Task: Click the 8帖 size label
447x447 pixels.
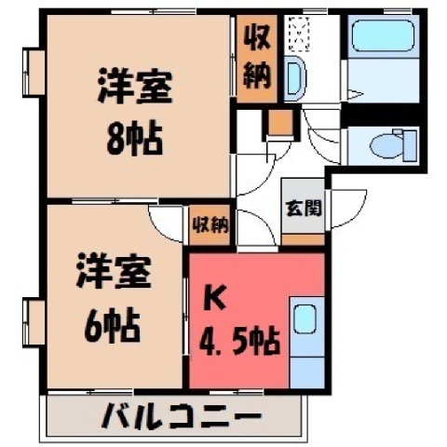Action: (134, 139)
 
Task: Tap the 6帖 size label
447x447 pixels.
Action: (112, 324)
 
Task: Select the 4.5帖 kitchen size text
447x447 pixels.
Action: (239, 341)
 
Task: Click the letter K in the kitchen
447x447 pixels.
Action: (214, 300)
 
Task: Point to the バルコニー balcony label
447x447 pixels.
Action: (181, 416)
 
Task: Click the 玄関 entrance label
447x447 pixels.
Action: (304, 208)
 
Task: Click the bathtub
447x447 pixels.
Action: (384, 35)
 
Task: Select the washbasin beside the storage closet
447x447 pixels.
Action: (294, 78)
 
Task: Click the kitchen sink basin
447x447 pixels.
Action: (305, 319)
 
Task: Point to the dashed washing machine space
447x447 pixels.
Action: (299, 34)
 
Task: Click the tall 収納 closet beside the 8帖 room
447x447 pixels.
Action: (256, 59)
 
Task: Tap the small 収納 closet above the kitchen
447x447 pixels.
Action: (210, 224)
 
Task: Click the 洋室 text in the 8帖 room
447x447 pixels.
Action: (135, 86)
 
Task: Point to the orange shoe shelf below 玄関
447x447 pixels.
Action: (303, 239)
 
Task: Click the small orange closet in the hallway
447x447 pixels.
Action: (280, 122)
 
